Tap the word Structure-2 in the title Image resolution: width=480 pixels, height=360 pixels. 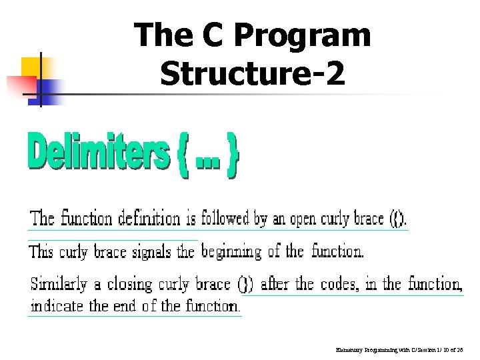tap(253, 73)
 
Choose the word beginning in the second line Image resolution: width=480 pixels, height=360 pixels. tap(231, 252)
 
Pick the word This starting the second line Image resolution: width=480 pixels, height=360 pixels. tap(41, 252)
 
